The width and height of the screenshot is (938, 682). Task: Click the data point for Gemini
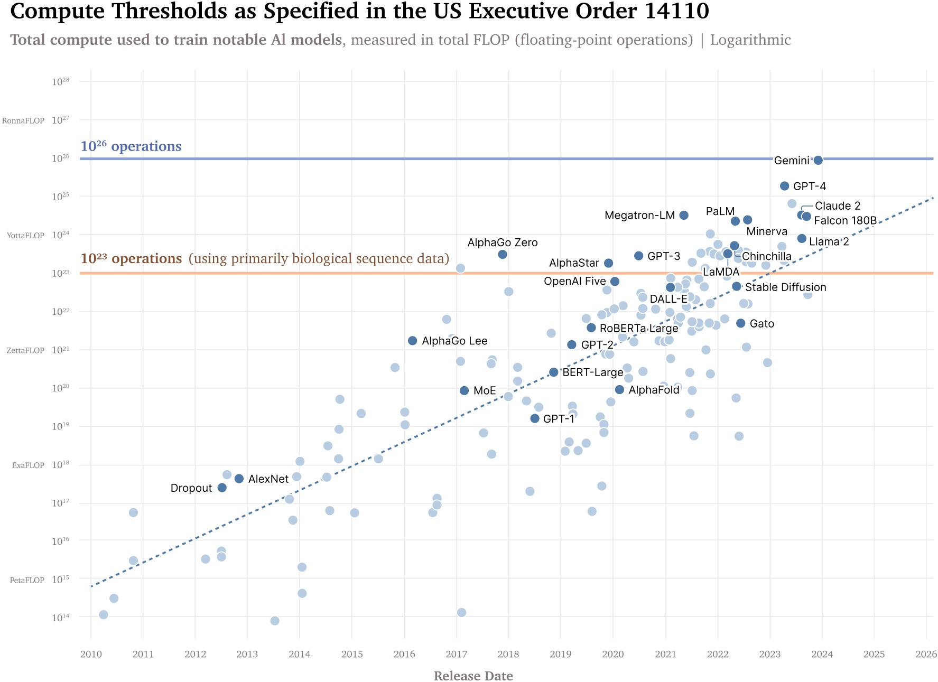[x=818, y=160]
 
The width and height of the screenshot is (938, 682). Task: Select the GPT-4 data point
[x=785, y=186]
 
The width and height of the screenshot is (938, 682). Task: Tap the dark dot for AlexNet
[x=239, y=479]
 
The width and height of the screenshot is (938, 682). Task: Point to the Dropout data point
[x=222, y=488]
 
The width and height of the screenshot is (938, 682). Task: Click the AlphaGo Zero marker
[x=503, y=255]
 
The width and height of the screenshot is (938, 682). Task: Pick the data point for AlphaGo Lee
[x=413, y=341]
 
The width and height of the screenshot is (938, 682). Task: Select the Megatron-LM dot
[x=684, y=215]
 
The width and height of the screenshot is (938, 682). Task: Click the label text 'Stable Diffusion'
[x=785, y=287]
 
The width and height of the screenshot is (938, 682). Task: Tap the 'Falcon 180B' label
[x=845, y=220]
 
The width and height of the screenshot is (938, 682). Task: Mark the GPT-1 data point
[x=535, y=418]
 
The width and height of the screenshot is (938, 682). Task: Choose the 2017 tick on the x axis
[x=457, y=655]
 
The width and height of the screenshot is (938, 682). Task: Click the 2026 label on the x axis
[x=926, y=655]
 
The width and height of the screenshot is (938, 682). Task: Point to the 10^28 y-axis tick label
[x=60, y=82]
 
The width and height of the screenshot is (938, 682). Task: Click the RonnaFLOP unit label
[x=23, y=121]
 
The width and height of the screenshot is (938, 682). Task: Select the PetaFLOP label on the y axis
[x=27, y=580]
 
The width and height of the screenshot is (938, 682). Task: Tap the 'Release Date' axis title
[x=473, y=676]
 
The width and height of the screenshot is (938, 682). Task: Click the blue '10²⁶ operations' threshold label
[x=131, y=146]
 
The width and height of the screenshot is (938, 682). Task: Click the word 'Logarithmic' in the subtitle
[x=750, y=40]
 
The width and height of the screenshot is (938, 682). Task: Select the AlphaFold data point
[x=619, y=390]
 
